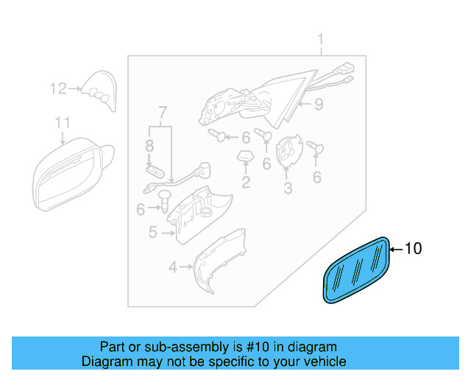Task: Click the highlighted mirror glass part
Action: (356, 269)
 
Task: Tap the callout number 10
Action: (414, 249)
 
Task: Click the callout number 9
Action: (319, 105)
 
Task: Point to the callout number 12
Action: (58, 89)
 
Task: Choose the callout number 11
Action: (63, 122)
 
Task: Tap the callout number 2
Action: (246, 181)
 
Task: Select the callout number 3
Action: (288, 188)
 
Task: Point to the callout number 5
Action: (152, 233)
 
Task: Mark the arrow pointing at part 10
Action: (395, 249)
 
